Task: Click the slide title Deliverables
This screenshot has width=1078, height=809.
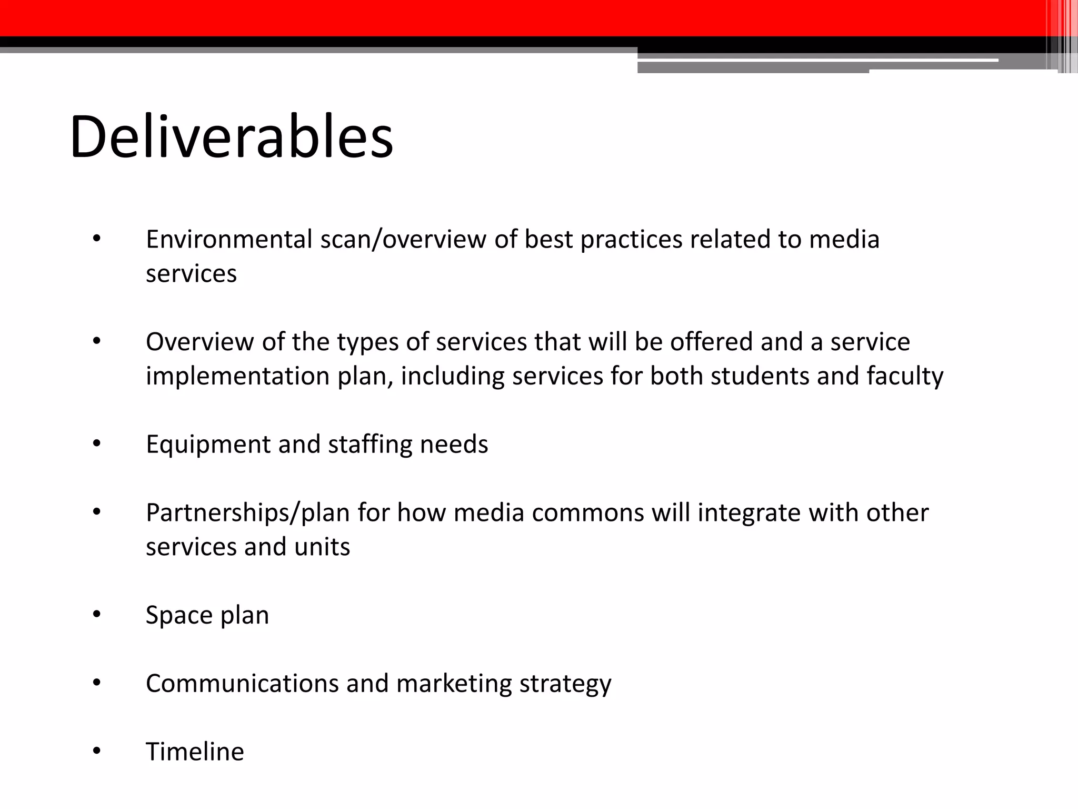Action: click(x=231, y=137)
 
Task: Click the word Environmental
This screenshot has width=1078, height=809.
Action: click(x=229, y=239)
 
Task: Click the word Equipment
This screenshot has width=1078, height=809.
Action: click(x=208, y=444)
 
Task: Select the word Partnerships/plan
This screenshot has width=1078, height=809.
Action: click(x=248, y=512)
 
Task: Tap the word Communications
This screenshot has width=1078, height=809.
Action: click(x=242, y=683)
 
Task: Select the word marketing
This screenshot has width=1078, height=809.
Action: click(x=454, y=683)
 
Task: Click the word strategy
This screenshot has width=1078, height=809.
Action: click(x=565, y=683)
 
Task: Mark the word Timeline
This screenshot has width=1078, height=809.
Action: click(x=195, y=752)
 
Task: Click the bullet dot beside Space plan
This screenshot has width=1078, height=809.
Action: click(x=96, y=615)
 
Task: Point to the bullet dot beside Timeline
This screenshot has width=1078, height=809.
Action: click(x=96, y=752)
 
